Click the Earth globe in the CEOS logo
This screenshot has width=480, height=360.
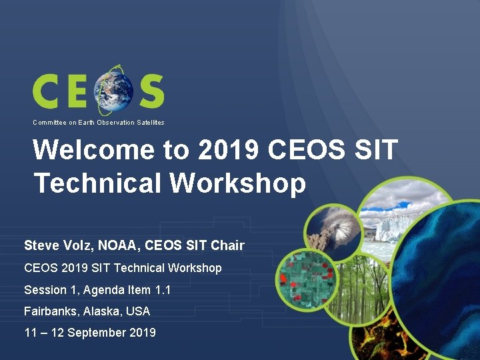pyautogui.click(x=113, y=91)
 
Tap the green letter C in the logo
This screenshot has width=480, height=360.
pyautogui.click(x=48, y=91)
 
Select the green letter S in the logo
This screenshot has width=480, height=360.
pyautogui.click(x=151, y=91)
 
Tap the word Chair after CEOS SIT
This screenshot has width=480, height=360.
pyautogui.click(x=227, y=245)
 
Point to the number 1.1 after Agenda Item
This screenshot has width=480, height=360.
pyautogui.click(x=161, y=290)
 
